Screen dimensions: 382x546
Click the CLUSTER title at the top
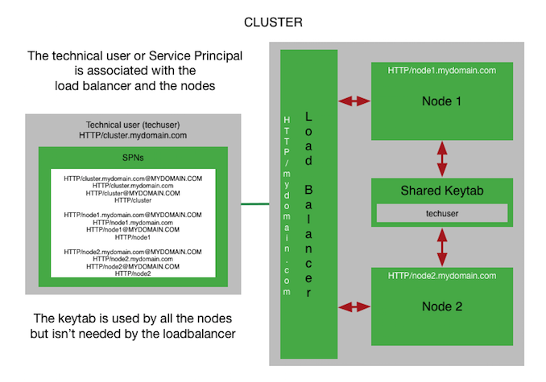pyautogui.click(x=273, y=22)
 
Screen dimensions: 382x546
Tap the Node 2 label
pyautogui.click(x=442, y=306)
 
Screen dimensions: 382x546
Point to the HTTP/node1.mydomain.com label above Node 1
pyautogui.click(x=442, y=71)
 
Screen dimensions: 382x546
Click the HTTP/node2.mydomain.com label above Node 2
pyautogui.click(x=442, y=276)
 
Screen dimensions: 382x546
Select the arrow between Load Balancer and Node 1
pyautogui.click(x=355, y=101)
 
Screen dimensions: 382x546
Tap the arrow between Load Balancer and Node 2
pyautogui.click(x=355, y=306)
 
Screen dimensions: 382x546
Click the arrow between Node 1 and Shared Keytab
pyautogui.click(x=442, y=158)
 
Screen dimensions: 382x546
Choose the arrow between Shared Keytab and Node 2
pyautogui.click(x=442, y=247)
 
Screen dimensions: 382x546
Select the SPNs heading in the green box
pyautogui.click(x=134, y=158)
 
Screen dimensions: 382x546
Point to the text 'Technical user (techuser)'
pyautogui.click(x=134, y=125)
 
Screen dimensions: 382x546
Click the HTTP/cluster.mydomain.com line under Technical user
pyautogui.click(x=134, y=135)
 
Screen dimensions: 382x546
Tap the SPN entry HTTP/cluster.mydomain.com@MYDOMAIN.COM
pyautogui.click(x=134, y=177)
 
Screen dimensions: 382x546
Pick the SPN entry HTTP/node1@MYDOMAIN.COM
pyautogui.click(x=134, y=229)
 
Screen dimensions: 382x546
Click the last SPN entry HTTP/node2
pyautogui.click(x=134, y=273)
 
